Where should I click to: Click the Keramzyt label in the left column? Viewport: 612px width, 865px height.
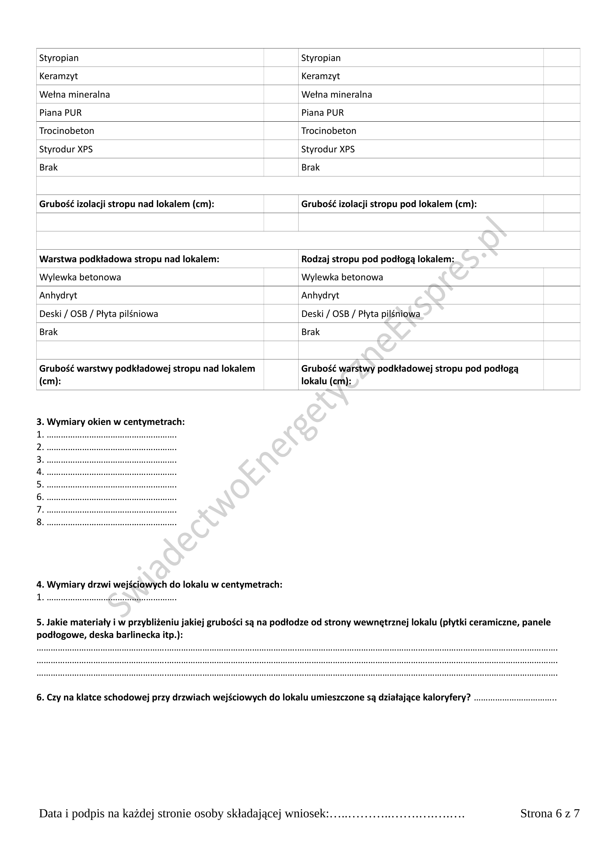[58, 76]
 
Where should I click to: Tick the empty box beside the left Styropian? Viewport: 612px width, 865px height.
[281, 58]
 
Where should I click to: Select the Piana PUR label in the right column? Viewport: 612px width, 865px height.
[322, 113]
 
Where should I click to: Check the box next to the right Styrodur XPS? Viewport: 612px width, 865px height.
[561, 149]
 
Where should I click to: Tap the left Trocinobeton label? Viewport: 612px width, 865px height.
[67, 131]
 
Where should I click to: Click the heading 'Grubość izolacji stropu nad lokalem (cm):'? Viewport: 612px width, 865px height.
[127, 204]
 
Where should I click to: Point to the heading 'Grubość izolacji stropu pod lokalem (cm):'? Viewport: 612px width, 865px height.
[389, 204]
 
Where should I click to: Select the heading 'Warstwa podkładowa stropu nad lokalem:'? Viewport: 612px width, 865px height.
[129, 259]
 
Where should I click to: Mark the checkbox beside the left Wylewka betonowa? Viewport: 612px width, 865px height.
[281, 277]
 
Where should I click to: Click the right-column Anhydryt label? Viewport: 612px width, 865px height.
[320, 295]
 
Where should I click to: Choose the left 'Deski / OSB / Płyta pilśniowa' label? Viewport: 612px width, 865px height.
[99, 314]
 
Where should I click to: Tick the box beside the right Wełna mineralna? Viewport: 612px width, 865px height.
[561, 94]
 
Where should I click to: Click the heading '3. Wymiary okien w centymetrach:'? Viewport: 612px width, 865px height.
[111, 422]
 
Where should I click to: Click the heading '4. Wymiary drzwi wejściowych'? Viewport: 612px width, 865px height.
[159, 585]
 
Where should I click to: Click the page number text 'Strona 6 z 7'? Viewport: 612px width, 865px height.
[550, 814]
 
